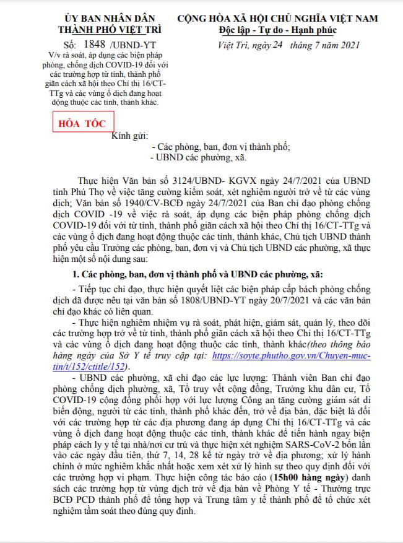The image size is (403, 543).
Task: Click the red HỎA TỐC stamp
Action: coord(74,123)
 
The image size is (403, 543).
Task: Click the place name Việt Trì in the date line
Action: coord(233,45)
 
